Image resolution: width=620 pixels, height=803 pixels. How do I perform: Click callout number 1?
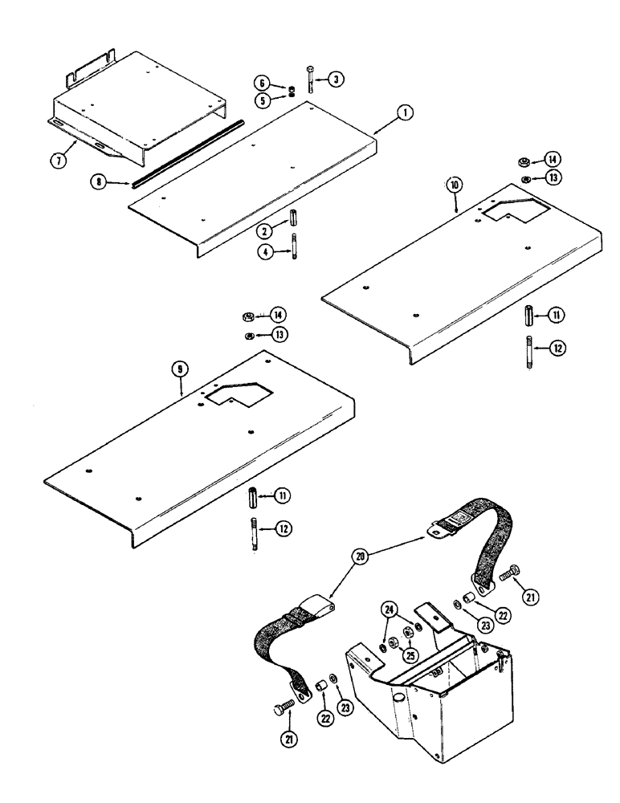pyautogui.click(x=406, y=114)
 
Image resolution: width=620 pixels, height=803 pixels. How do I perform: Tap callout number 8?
pyautogui.click(x=99, y=183)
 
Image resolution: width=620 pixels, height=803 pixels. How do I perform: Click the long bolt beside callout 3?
pyautogui.click(x=310, y=79)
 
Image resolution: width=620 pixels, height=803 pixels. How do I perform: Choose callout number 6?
pyautogui.click(x=261, y=83)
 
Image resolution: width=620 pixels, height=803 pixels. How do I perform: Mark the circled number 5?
pyautogui.click(x=261, y=100)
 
